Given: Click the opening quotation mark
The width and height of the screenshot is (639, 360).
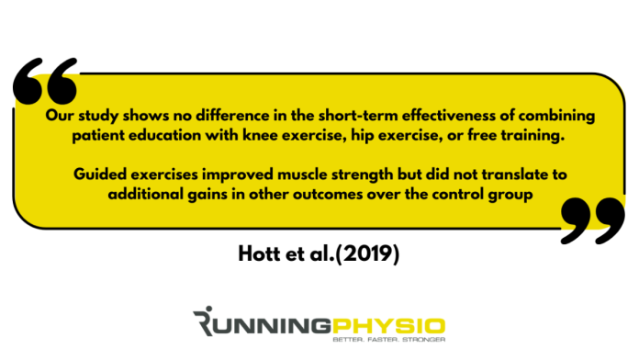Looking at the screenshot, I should pos(47,83).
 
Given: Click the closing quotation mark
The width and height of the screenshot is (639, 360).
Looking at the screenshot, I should pos(589,219).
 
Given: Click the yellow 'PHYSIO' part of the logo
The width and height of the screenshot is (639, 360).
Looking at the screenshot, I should pos(399,324).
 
